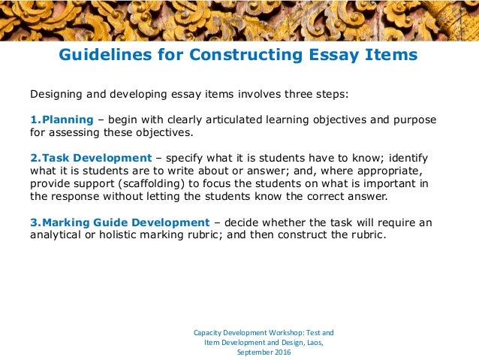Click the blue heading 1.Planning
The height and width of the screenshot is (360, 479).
tap(62, 120)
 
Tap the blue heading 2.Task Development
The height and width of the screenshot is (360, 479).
tap(91, 159)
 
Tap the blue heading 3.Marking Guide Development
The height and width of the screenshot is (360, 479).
tap(119, 222)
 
